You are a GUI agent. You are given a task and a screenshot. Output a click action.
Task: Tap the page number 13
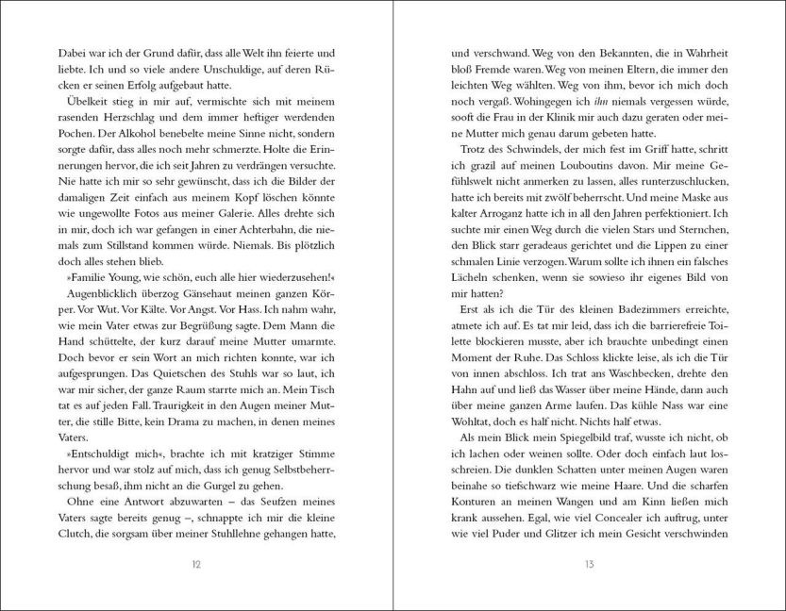click(589, 564)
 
